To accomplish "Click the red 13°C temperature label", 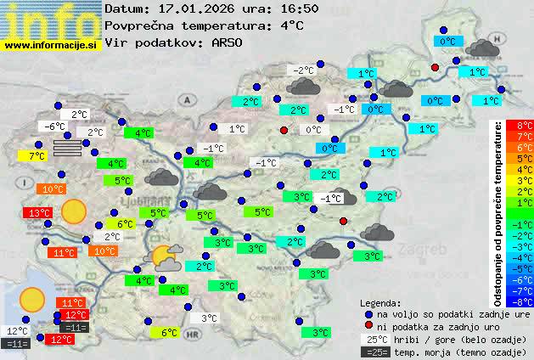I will tap(37, 213).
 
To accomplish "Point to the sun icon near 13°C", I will tap(75, 211).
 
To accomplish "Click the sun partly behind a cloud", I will tap(164, 256).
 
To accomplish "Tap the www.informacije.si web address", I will tap(50, 44).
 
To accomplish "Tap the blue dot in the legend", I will tap(368, 313).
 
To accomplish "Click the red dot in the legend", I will tap(368, 326).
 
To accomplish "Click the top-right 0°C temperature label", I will tap(447, 41).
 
